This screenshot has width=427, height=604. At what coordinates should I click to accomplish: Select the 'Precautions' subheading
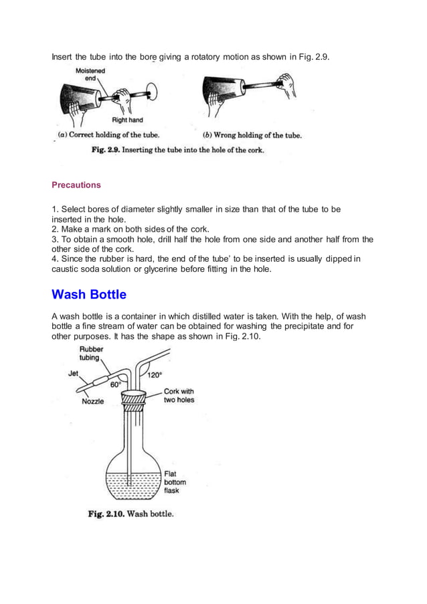click(x=76, y=184)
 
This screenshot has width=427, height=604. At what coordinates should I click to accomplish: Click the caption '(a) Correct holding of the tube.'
click(x=109, y=135)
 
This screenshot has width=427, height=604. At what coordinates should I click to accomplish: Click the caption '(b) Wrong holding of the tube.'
click(x=252, y=135)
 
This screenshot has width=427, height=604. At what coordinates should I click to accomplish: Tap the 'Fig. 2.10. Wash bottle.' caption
click(x=131, y=514)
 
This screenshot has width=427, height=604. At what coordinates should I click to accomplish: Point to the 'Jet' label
click(x=74, y=374)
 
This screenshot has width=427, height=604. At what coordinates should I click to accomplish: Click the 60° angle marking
click(x=116, y=385)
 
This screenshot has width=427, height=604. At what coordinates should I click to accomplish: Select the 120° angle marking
click(x=155, y=376)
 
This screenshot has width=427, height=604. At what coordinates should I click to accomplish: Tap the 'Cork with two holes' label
click(x=179, y=396)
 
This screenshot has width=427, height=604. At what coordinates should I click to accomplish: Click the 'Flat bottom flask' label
click(x=175, y=481)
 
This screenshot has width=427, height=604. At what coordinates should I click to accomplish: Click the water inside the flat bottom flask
click(x=134, y=485)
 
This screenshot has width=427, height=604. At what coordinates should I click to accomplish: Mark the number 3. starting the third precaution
click(x=56, y=239)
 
